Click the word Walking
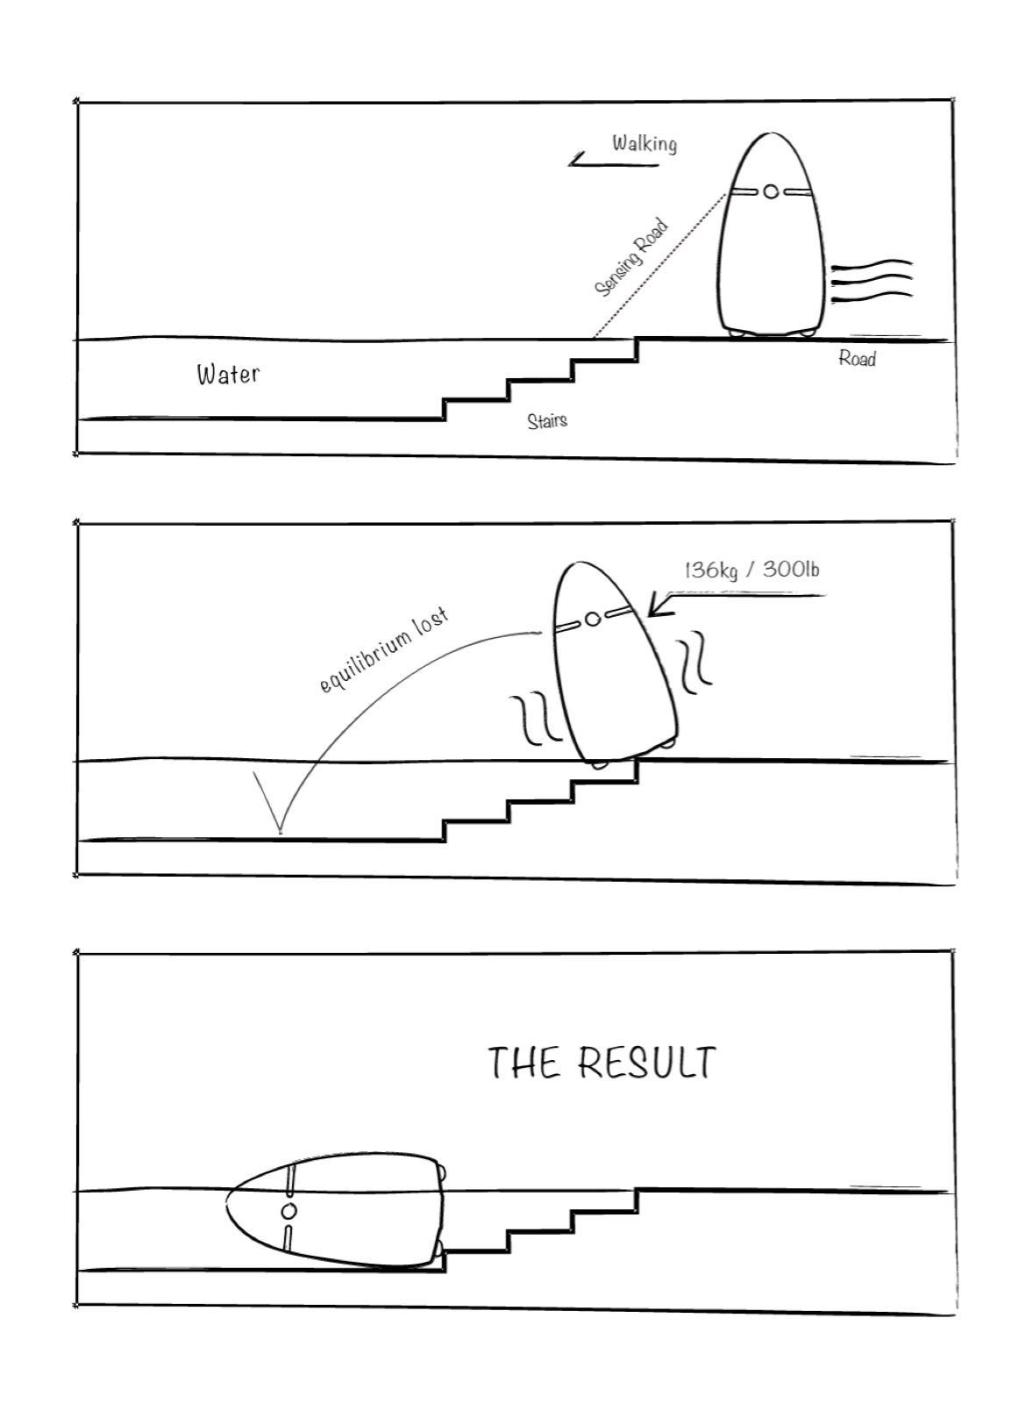[x=644, y=144]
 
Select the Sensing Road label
[x=631, y=258]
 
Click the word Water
[x=228, y=374]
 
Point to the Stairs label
[x=547, y=420]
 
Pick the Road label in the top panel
[x=857, y=358]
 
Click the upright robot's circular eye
[x=771, y=191]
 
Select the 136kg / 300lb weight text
[x=752, y=569]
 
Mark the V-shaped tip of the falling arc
[x=280, y=833]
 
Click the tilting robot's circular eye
[x=593, y=620]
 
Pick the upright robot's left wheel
[x=737, y=334]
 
